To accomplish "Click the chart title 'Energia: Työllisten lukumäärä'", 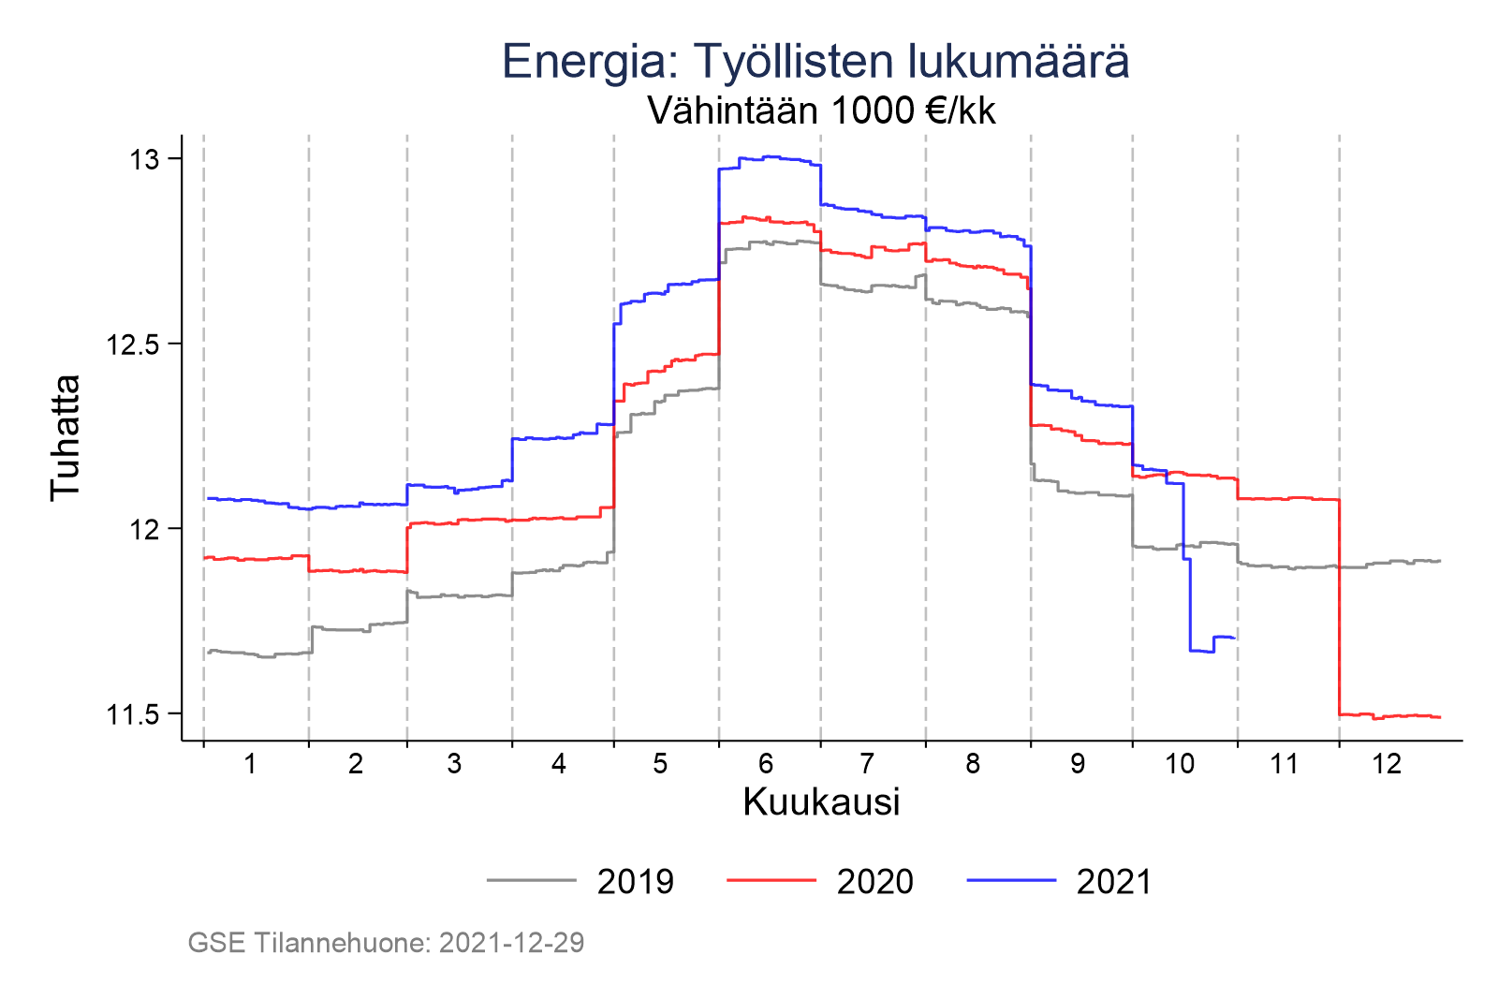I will click(815, 62).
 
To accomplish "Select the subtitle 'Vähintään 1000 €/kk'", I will click(821, 111).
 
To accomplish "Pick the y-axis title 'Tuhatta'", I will click(66, 437).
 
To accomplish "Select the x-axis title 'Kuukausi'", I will click(821, 802).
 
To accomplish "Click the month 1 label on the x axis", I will click(250, 764).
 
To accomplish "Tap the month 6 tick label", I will click(766, 764).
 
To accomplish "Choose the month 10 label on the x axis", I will click(1180, 764).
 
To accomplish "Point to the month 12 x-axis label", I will click(1387, 764).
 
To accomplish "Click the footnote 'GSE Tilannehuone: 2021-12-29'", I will click(386, 943).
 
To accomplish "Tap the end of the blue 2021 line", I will click(1235, 638).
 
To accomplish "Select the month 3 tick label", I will click(454, 764).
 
